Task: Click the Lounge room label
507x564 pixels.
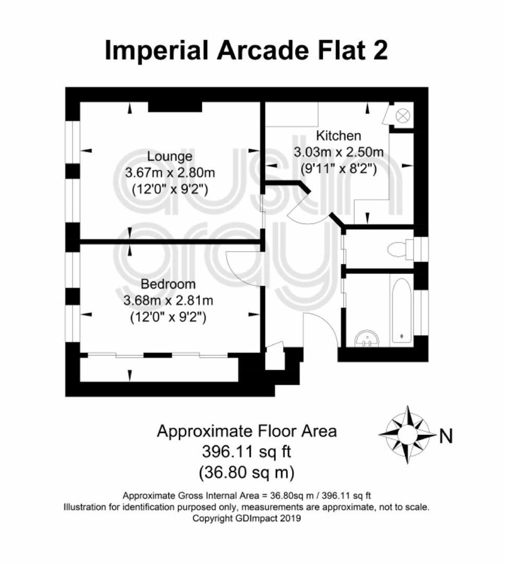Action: tap(170, 157)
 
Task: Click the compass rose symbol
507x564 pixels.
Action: tap(407, 434)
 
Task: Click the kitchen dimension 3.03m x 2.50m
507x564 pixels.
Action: tap(339, 152)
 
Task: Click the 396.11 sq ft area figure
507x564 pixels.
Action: tap(247, 451)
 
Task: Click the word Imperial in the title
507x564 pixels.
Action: tap(156, 51)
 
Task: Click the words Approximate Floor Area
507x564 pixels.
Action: tap(247, 431)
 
